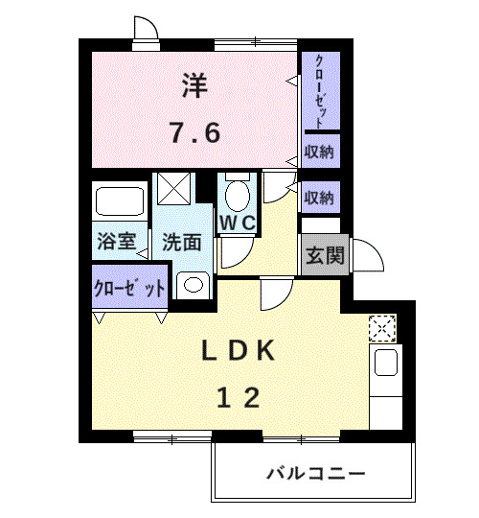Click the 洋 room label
pos(194,87)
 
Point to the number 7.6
pos(195,131)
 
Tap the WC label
pos(237,223)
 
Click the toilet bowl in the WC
pos(236,196)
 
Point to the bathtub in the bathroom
pos(120,202)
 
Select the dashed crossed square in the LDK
pos(381,328)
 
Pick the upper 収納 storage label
pos(320,152)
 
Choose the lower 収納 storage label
pos(320,198)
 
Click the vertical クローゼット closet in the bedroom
pos(320,91)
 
